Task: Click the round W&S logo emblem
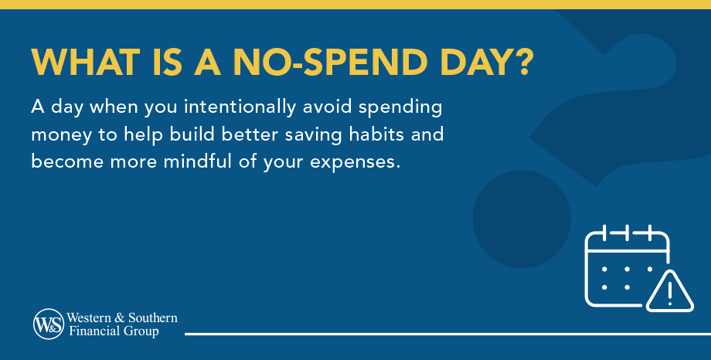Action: pos(48,324)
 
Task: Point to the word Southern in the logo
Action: pos(152,318)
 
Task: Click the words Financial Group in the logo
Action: pos(113,331)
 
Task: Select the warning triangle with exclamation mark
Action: pos(668,292)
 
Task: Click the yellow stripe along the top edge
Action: pos(355,4)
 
